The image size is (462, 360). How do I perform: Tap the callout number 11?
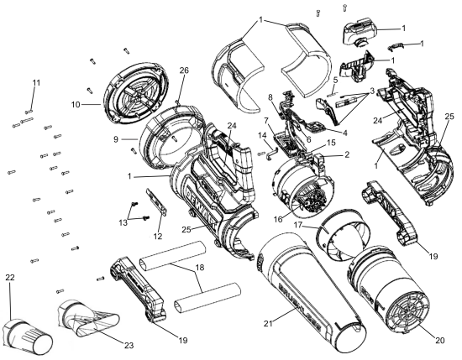tap(34, 81)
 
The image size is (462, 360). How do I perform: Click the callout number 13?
tap(123, 222)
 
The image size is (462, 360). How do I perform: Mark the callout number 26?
tap(184, 70)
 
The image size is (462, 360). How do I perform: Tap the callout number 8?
tap(269, 98)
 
